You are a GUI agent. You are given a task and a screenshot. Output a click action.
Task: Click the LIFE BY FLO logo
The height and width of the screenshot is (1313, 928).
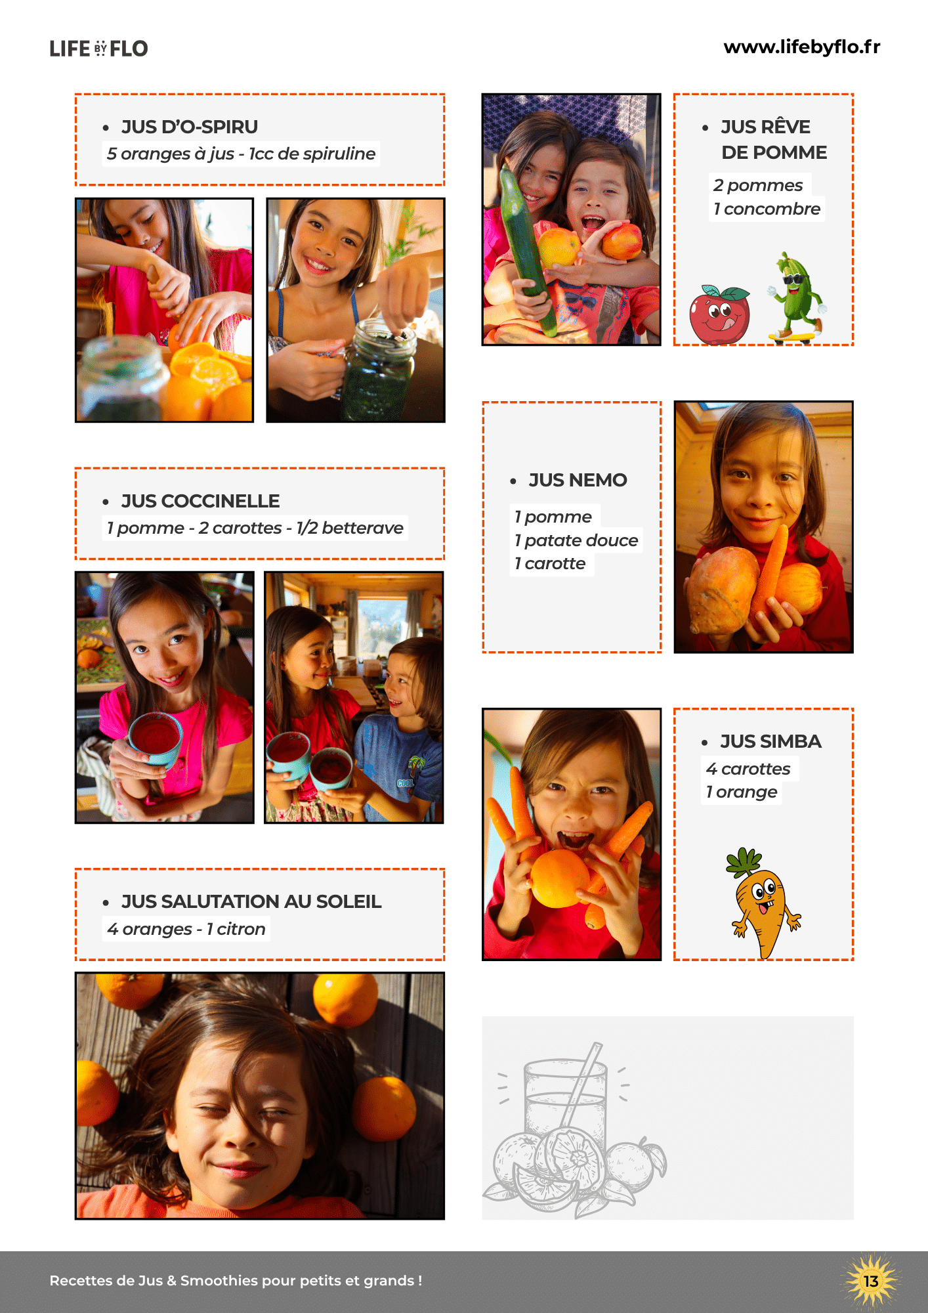[99, 49]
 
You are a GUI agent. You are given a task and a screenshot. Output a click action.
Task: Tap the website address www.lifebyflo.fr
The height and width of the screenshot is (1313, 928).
[802, 47]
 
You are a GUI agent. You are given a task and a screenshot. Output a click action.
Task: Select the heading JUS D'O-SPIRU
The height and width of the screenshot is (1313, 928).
[190, 127]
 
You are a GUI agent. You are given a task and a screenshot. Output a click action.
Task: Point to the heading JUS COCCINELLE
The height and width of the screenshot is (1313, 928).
[200, 501]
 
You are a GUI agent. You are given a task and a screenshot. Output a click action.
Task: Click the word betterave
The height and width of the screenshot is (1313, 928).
[363, 528]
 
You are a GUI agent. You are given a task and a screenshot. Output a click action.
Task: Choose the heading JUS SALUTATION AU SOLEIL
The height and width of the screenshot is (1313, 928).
[251, 901]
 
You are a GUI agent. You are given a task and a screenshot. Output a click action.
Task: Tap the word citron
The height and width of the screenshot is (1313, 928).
[241, 929]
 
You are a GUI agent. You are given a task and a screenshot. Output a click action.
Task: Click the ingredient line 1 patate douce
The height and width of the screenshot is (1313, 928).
[576, 540]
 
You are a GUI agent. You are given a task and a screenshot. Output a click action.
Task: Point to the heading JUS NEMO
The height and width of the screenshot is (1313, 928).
[578, 480]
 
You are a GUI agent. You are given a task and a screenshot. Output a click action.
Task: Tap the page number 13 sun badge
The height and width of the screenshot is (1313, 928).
[871, 1281]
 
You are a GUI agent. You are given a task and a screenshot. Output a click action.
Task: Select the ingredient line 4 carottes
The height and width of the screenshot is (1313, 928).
[748, 769]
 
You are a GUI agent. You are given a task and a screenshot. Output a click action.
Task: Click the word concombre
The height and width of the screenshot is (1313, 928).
[772, 209]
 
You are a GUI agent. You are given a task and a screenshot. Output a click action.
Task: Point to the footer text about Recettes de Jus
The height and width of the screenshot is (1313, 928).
[236, 1281]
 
